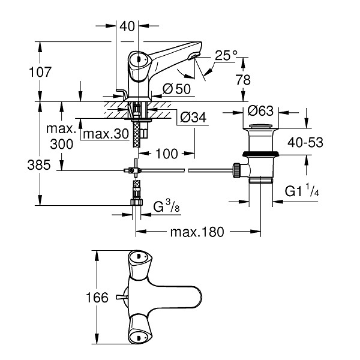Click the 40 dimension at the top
tap(127, 26)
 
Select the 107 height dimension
tap(40, 72)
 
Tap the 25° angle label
tap(226, 55)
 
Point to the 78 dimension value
tap(243, 80)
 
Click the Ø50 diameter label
tap(176, 89)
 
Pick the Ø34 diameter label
tap(193, 118)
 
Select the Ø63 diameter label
tap(260, 111)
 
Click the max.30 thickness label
tap(106, 134)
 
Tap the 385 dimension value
tap(39, 165)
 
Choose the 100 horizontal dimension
tap(167, 154)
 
